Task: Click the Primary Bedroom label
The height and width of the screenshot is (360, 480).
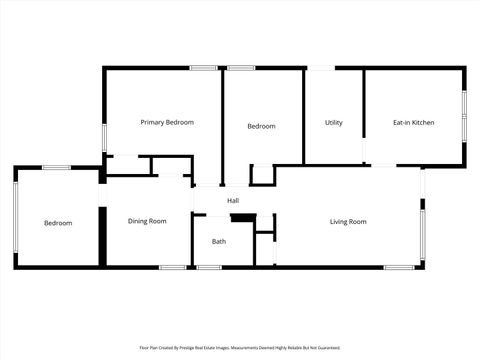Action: click(167, 122)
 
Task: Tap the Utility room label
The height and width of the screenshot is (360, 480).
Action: click(334, 123)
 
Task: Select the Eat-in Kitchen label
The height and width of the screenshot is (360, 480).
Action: click(413, 123)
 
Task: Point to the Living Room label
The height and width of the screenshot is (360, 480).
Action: click(348, 221)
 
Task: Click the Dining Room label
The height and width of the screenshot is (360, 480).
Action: click(147, 221)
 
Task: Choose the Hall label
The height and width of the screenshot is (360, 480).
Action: click(233, 201)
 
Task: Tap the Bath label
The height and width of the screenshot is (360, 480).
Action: click(219, 242)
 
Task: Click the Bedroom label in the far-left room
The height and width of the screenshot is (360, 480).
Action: click(58, 223)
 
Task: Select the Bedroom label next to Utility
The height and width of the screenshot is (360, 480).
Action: click(261, 126)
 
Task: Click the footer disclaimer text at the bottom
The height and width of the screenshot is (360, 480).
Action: click(240, 348)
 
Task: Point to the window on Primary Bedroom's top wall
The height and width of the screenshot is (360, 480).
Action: click(204, 68)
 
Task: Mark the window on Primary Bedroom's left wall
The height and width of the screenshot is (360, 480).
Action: click(104, 137)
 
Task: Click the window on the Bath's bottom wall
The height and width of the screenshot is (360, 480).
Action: click(209, 267)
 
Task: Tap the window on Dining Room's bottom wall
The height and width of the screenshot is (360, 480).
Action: click(172, 267)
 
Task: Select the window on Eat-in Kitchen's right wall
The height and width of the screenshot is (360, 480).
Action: click(464, 117)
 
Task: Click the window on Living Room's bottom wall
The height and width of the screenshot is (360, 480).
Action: click(399, 267)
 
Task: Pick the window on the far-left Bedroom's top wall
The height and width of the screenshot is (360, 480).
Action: click(56, 167)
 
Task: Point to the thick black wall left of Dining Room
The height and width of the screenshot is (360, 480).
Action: click(102, 236)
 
